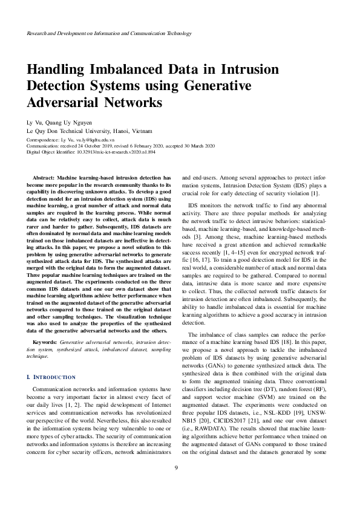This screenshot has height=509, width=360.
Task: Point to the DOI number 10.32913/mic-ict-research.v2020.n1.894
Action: (115, 153)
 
